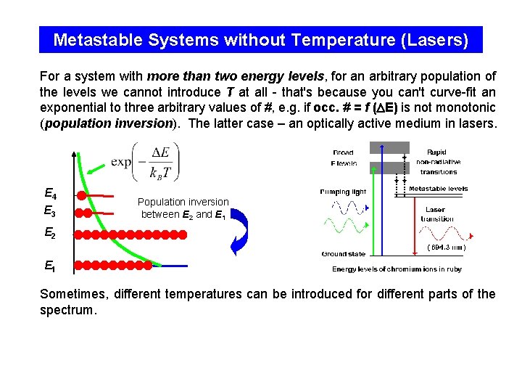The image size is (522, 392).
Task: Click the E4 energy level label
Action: [50, 194]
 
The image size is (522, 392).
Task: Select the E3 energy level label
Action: [50, 211]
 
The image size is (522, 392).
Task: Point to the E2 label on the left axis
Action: [50, 234]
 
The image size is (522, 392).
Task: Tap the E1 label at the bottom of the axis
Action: [50, 266]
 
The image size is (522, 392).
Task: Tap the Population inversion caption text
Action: [183, 208]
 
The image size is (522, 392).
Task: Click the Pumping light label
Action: [343, 192]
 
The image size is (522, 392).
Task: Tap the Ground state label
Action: [343, 254]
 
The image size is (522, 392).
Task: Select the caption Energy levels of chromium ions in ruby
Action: [397, 269]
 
